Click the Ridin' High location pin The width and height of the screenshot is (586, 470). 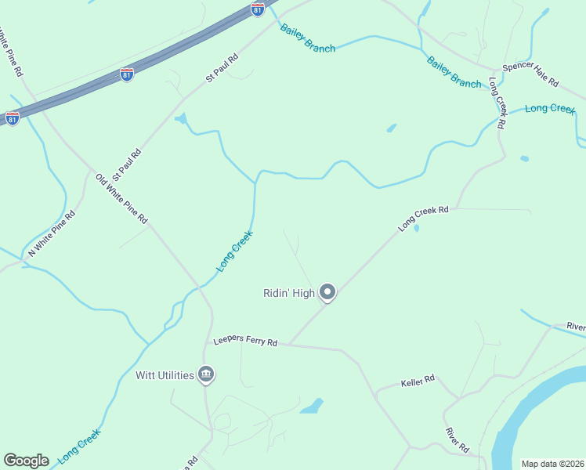coord(327,292)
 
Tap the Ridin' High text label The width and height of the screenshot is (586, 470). coord(288,294)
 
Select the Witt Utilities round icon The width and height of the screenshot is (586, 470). coord(206,375)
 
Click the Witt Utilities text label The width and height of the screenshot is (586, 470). coord(165,375)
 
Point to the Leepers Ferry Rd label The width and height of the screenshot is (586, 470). coord(246,342)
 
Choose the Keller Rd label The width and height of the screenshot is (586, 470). coord(418,381)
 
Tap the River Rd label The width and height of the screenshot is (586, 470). coord(457,440)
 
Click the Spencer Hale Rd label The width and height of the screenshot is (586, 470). coord(530,74)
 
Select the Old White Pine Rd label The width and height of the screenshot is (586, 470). coord(121,199)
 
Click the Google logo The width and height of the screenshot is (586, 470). coord(26,461)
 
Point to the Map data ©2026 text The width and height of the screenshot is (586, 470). coord(552,464)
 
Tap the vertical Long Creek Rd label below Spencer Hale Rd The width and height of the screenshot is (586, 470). coord(497,103)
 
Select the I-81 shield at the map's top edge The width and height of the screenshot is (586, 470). coord(258,9)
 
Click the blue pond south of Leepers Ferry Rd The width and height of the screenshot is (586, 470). coord(313,406)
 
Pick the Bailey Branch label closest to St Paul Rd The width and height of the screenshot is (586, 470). coord(308,38)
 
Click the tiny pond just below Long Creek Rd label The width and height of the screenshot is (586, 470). coord(416,229)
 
